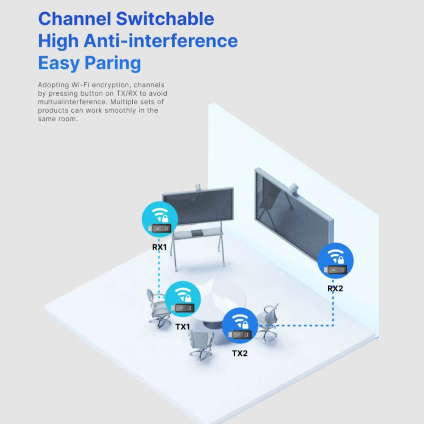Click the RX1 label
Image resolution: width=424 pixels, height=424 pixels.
(160, 246)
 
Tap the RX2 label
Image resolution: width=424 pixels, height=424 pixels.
(335, 288)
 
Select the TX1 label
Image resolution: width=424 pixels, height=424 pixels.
(183, 327)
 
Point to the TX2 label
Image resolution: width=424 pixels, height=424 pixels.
(240, 353)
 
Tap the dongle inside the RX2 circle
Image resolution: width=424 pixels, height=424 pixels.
(336, 270)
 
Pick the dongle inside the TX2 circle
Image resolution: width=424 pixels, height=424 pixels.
(240, 335)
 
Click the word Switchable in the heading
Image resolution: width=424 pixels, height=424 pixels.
(165, 19)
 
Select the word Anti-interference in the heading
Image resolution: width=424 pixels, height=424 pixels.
(161, 41)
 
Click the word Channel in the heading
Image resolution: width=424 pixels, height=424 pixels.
(75, 19)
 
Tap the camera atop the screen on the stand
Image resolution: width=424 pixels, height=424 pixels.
(198, 187)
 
